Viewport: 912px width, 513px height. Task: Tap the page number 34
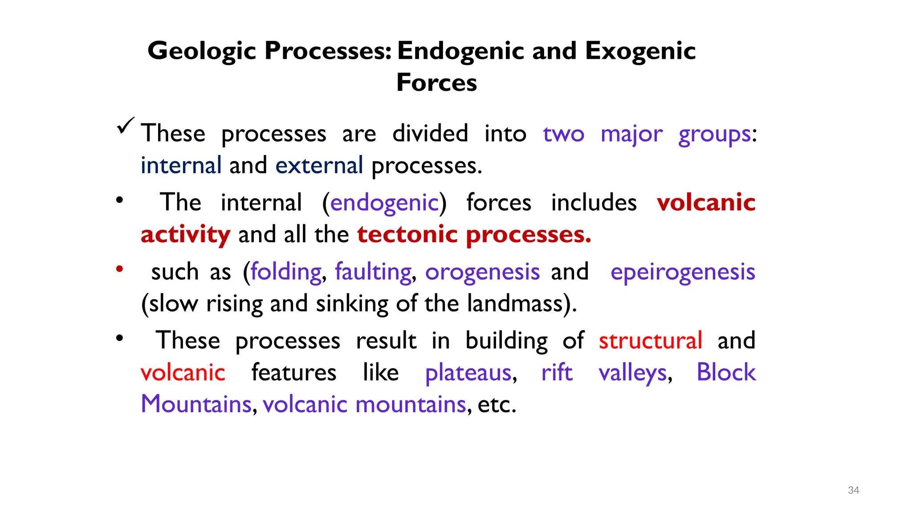coord(853,490)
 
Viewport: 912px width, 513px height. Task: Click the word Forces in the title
coord(436,83)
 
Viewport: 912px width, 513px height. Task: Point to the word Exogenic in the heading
coord(640,51)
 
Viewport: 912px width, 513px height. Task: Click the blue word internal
coord(181,166)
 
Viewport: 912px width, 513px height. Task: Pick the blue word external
coord(319,166)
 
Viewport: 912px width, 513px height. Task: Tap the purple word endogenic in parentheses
coord(384,203)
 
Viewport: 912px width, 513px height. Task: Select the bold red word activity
coord(185,235)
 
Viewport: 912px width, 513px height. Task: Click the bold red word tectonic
coord(407,235)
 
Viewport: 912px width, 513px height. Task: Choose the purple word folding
coord(286,272)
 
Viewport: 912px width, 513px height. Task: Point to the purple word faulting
coord(373,272)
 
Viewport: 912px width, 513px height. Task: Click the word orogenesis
coord(482,272)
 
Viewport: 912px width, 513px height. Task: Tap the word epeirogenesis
coord(683,272)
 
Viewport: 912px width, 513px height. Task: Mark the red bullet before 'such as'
coord(119,269)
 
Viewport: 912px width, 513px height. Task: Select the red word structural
coord(650,341)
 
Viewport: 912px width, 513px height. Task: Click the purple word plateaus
coord(468,373)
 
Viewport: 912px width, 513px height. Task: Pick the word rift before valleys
coord(557,372)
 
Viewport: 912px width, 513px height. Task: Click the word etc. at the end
coord(497,404)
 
